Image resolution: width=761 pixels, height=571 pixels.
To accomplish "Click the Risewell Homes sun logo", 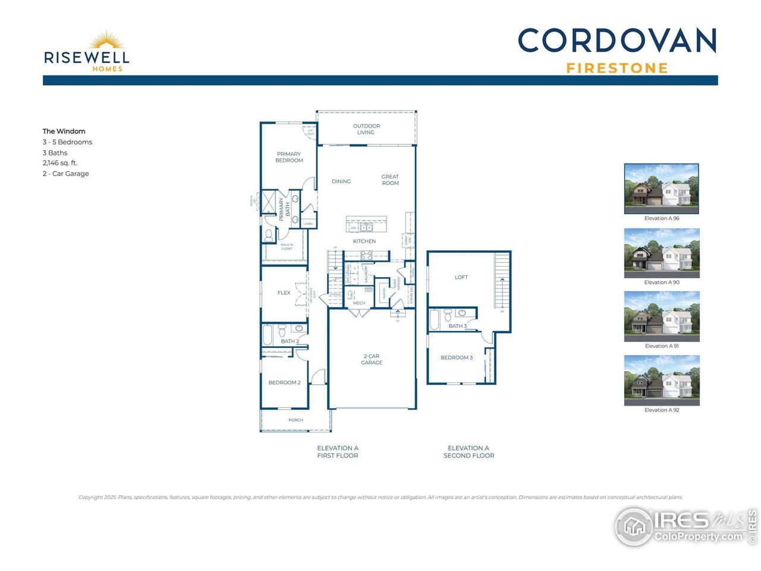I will tap(106, 41).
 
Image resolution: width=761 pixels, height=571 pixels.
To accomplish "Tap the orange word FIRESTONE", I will tap(617, 68).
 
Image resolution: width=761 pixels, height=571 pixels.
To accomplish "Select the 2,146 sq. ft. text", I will tap(60, 163).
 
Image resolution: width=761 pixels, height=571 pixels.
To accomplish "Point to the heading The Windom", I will tap(64, 131).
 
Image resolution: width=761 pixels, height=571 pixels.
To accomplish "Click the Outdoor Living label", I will tap(366, 129).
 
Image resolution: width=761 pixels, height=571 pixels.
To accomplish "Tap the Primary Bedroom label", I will tap(289, 157).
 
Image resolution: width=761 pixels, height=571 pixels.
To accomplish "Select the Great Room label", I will tap(390, 180).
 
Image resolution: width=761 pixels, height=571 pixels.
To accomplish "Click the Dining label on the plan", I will tap(341, 181).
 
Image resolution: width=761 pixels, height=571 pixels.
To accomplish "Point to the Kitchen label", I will tap(364, 241).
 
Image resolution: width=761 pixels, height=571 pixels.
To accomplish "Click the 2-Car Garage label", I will tap(372, 359).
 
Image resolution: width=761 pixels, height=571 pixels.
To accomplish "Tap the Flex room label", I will tap(284, 293).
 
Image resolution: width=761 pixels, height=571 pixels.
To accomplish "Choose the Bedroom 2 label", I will tap(284, 382).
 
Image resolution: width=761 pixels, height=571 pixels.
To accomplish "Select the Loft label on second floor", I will tap(461, 277).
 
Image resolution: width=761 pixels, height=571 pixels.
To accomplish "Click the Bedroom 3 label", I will tap(457, 357).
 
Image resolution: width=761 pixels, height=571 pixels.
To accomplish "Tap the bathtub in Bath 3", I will tap(434, 320).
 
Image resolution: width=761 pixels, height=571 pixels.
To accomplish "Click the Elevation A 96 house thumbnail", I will tap(661, 189).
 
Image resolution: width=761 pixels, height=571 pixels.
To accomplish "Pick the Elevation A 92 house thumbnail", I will tap(661, 380).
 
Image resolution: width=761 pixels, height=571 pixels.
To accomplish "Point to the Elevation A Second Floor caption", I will tap(468, 452).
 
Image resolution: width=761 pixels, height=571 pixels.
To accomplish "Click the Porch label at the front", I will tap(295, 420).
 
